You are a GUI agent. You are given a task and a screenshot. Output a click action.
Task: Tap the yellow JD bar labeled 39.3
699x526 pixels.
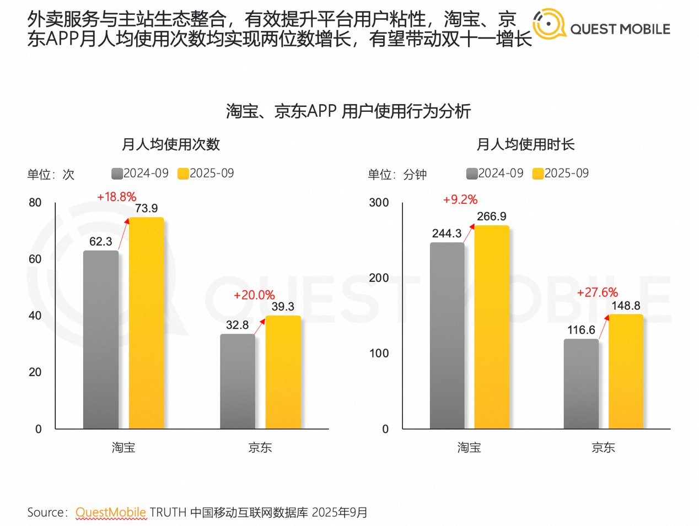(x=283, y=372)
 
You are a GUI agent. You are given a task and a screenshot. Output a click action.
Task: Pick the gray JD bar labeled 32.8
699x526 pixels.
(x=238, y=381)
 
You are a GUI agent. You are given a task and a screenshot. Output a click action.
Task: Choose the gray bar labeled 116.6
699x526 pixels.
(x=581, y=384)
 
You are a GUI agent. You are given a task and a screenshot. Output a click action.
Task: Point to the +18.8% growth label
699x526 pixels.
(x=116, y=197)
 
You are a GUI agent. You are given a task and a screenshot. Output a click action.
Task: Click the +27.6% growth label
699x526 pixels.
(x=597, y=292)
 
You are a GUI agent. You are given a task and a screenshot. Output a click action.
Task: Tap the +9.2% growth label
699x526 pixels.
(x=460, y=199)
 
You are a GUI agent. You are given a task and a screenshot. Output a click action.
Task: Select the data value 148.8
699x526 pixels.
(x=626, y=306)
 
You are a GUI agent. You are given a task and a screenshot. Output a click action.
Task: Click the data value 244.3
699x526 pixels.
(x=447, y=234)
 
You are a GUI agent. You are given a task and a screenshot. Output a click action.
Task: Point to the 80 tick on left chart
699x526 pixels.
(x=35, y=203)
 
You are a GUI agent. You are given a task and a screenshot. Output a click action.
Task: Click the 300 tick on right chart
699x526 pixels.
(x=379, y=203)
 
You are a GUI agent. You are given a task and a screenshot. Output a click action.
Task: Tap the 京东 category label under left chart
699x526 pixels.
(x=260, y=447)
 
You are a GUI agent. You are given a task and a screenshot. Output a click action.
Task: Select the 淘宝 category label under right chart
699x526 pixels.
(x=469, y=447)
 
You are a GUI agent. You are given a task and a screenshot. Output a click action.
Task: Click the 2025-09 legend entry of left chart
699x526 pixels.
(x=206, y=173)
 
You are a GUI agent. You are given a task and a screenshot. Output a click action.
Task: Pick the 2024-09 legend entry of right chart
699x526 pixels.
(x=494, y=173)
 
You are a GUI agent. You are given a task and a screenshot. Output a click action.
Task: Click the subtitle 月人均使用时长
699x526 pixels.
(x=525, y=144)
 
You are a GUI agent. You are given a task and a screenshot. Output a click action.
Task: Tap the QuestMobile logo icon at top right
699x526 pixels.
(x=549, y=24)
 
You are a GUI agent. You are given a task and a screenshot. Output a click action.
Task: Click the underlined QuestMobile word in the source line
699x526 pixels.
(x=111, y=512)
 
